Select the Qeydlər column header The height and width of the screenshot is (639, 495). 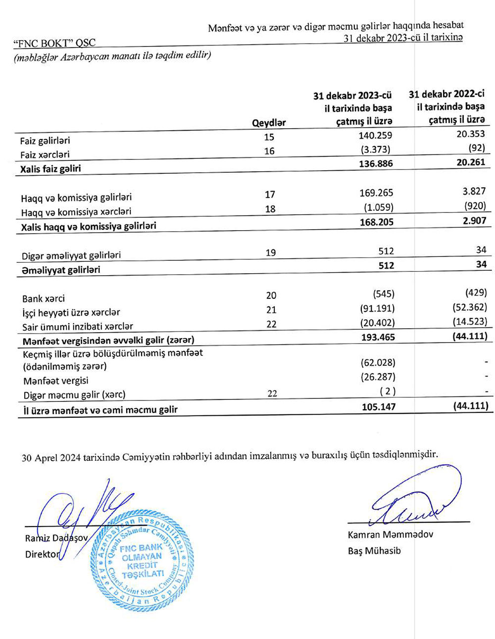point(269,123)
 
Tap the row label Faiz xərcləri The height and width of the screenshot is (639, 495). point(45,154)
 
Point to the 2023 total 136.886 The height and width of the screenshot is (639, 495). point(376,163)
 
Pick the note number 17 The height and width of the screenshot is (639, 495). point(270,195)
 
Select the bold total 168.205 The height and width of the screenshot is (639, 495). point(377,222)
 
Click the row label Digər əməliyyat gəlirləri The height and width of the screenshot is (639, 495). point(71,255)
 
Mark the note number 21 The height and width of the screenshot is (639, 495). point(271,310)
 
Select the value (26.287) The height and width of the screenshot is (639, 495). point(378,377)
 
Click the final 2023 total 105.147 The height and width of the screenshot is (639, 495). point(377,407)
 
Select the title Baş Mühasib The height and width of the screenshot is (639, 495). point(374,550)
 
